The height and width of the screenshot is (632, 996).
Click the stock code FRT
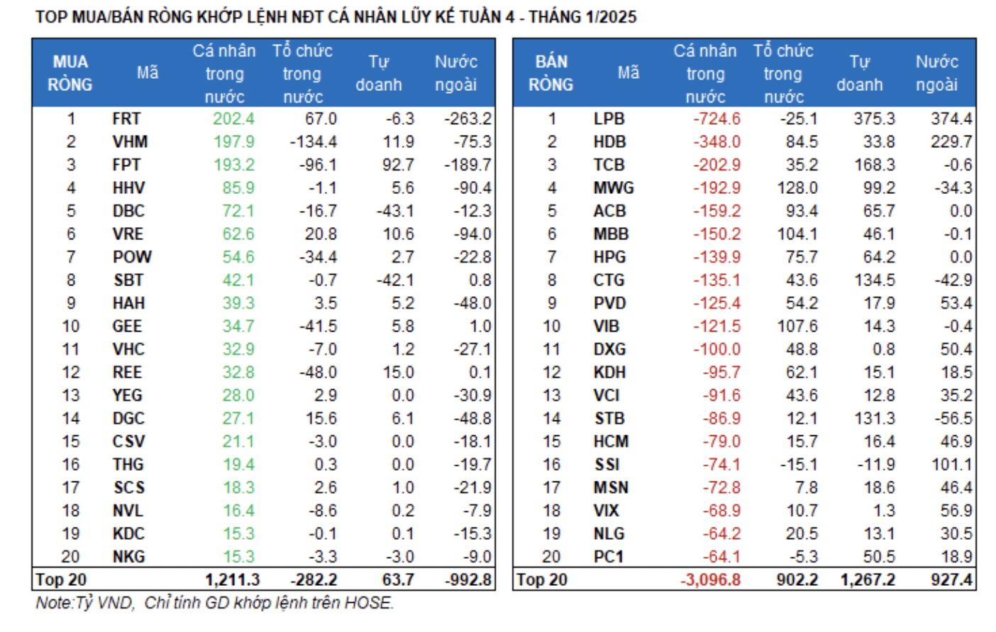(126, 119)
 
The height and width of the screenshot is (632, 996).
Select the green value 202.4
(233, 119)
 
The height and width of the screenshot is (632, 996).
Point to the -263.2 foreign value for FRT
(467, 119)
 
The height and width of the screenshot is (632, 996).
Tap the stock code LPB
(609, 119)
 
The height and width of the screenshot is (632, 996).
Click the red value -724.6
(716, 119)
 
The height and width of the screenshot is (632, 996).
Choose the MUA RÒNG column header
(70, 73)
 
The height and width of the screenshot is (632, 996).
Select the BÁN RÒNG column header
(550, 73)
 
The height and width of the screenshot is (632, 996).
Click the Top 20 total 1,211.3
(232, 580)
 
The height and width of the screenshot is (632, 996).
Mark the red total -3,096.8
(710, 580)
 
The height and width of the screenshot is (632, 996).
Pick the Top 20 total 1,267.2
(868, 580)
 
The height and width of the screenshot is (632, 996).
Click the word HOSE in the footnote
(367, 603)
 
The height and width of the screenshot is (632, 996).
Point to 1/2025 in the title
(610, 16)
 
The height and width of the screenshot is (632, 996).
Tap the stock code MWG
(614, 188)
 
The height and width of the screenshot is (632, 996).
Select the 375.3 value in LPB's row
(874, 119)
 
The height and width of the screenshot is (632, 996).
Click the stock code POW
(132, 257)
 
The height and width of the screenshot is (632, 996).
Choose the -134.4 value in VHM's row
(313, 142)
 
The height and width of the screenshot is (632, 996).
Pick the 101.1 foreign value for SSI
(951, 465)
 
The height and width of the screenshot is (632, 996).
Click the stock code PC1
(608, 557)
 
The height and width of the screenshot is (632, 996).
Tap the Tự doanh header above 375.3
(859, 73)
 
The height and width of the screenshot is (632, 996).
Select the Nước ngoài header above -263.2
(455, 73)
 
